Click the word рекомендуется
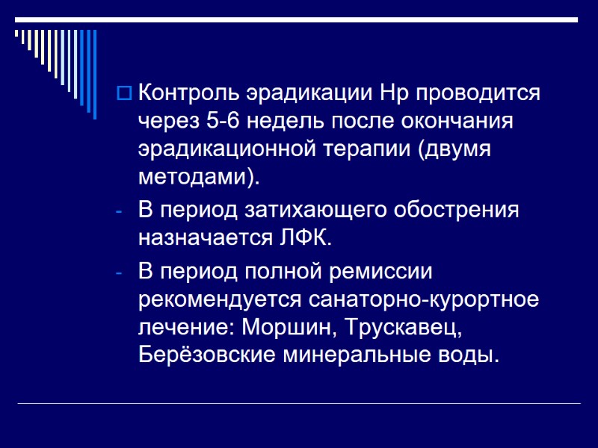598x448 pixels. coord(219,298)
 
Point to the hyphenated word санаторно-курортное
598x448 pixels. coord(422,298)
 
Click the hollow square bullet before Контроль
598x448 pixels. coord(124,95)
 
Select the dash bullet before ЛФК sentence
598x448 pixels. coord(120,211)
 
